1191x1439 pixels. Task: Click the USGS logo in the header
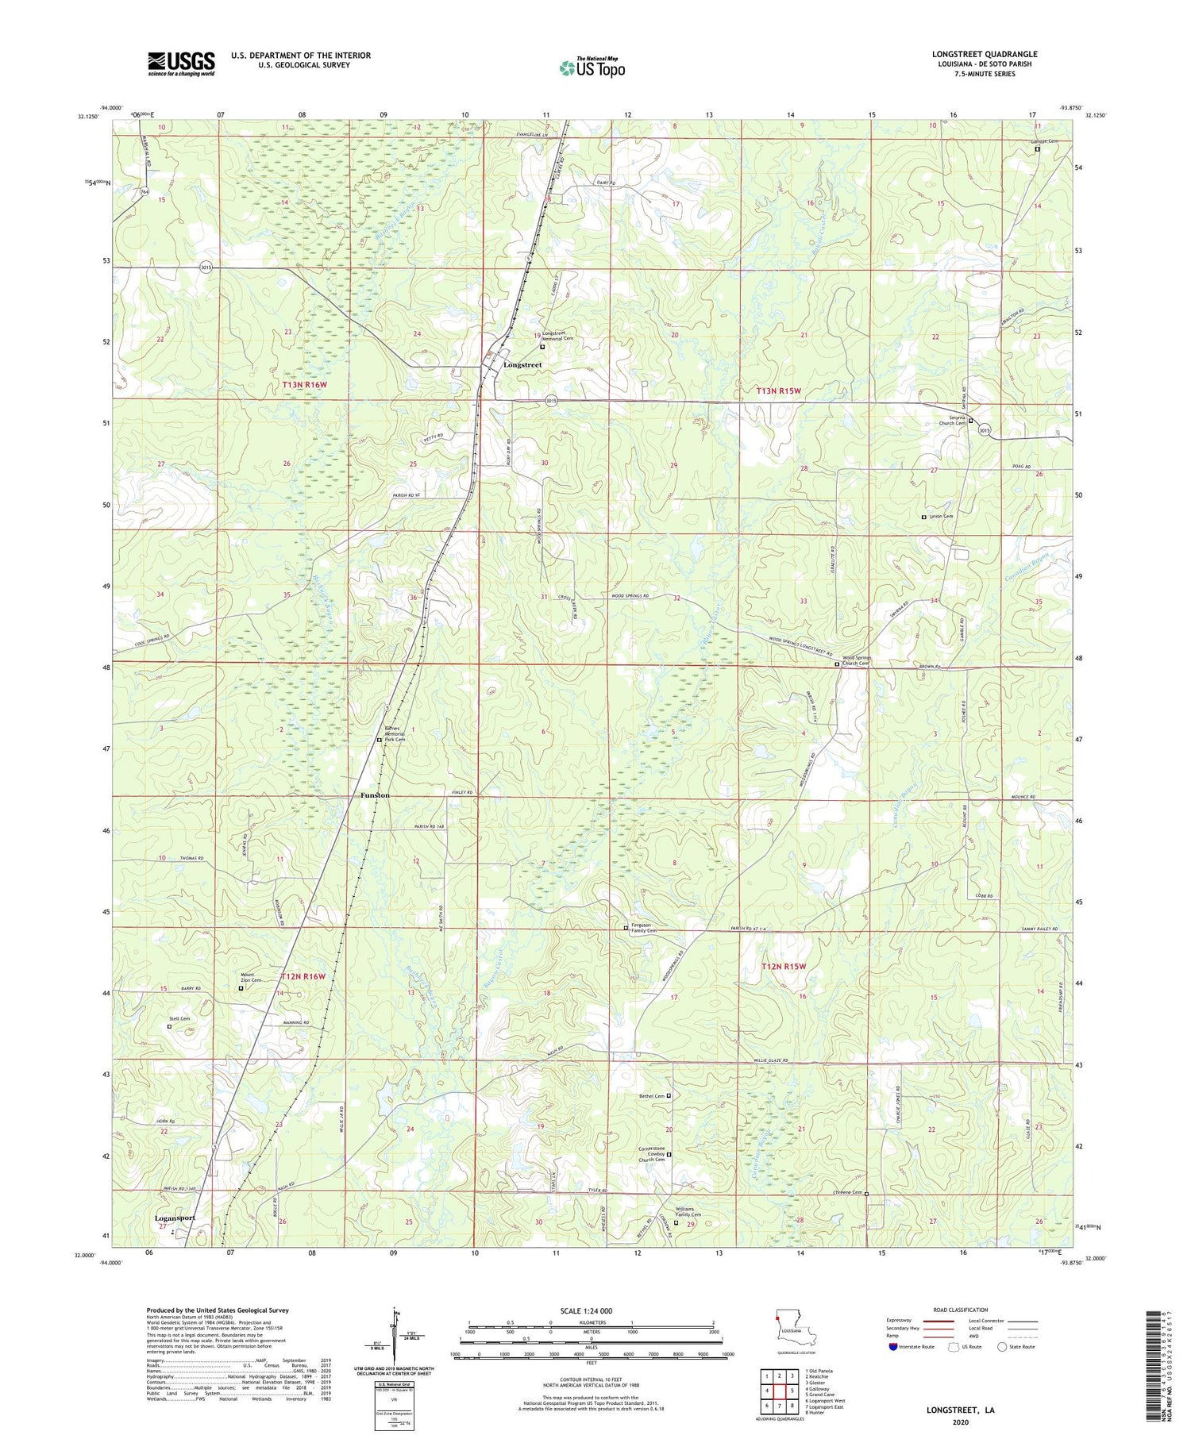pos(181,63)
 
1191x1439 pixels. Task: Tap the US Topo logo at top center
pos(592,68)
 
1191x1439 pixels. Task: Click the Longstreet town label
pos(522,364)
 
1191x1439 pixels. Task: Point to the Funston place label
pos(375,795)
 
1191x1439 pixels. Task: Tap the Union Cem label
pos(941,516)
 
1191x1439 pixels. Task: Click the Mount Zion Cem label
pos(252,979)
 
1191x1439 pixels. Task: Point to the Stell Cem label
pos(179,1018)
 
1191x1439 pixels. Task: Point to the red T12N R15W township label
pos(784,966)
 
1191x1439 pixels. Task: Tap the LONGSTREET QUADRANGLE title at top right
pos(985,54)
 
